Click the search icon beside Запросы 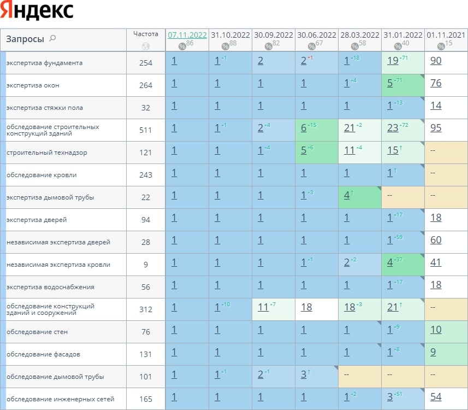(x=53, y=38)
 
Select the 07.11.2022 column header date (x=187, y=34)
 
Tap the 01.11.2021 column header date (x=446, y=34)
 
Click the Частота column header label (x=146, y=33)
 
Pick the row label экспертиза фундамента (x=45, y=63)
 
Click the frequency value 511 (x=146, y=130)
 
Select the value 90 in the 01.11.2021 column (x=436, y=61)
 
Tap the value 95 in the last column (x=436, y=128)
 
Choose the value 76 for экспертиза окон (x=436, y=83)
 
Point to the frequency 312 (x=146, y=309)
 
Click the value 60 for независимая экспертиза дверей (x=436, y=240)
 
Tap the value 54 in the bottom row (x=436, y=397)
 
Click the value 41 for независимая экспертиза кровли (x=436, y=262)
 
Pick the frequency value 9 (x=146, y=265)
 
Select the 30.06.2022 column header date (x=316, y=34)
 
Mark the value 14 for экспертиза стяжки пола (x=436, y=106)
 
